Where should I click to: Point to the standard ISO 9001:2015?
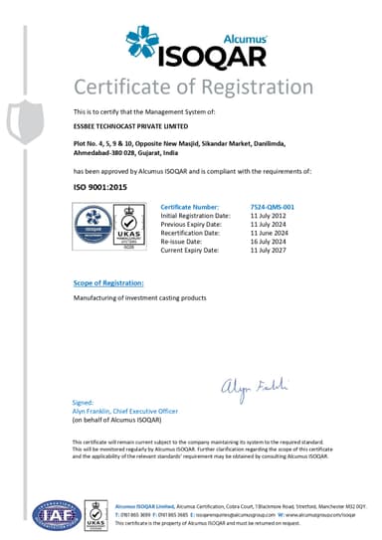[99, 186]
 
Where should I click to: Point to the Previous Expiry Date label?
[190, 221]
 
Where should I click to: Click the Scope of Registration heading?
[108, 283]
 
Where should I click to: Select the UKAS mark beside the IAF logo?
[95, 512]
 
